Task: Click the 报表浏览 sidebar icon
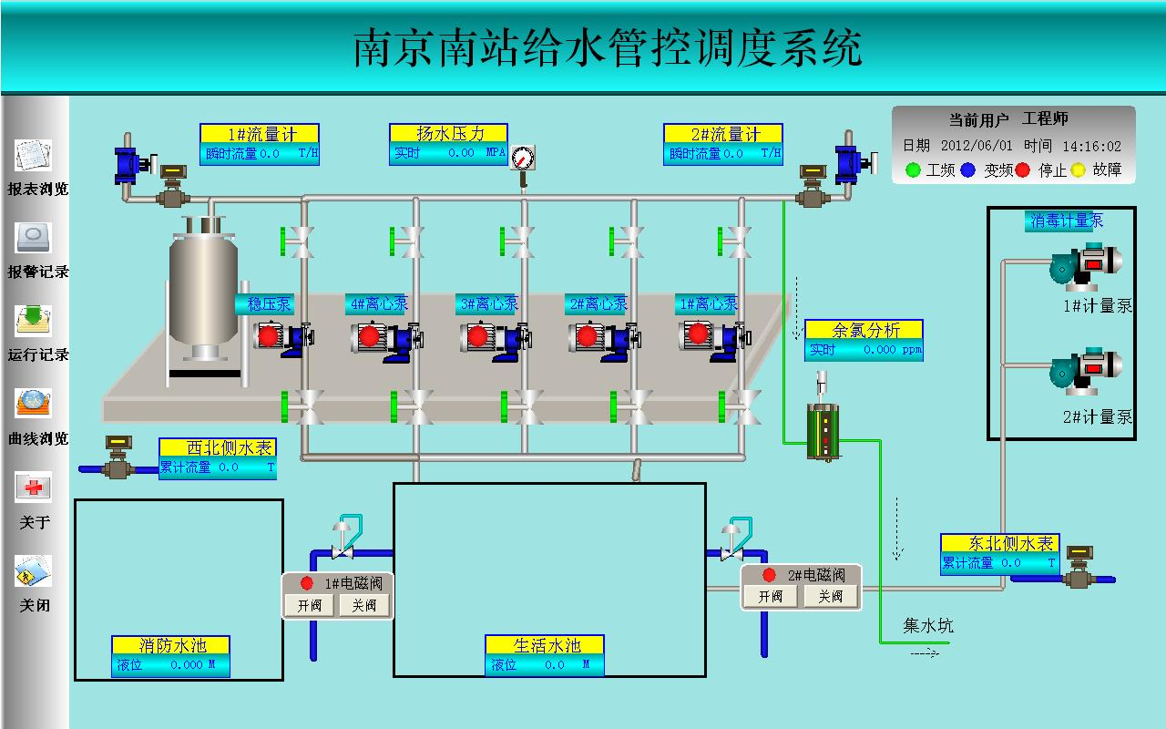tap(34, 156)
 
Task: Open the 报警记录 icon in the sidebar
tap(34, 238)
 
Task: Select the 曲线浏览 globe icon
tap(34, 404)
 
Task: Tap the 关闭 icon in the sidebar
tap(34, 571)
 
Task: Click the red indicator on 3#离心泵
tap(477, 336)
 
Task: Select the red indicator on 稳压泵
tap(268, 335)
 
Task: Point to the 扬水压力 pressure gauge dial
tap(523, 158)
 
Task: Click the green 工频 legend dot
tap(914, 169)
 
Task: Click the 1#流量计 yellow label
tap(261, 134)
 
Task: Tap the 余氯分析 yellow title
tap(864, 329)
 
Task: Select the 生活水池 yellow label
tap(545, 645)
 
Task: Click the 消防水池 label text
tap(171, 645)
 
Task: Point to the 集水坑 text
tap(928, 625)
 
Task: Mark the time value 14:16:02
tap(1091, 146)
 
